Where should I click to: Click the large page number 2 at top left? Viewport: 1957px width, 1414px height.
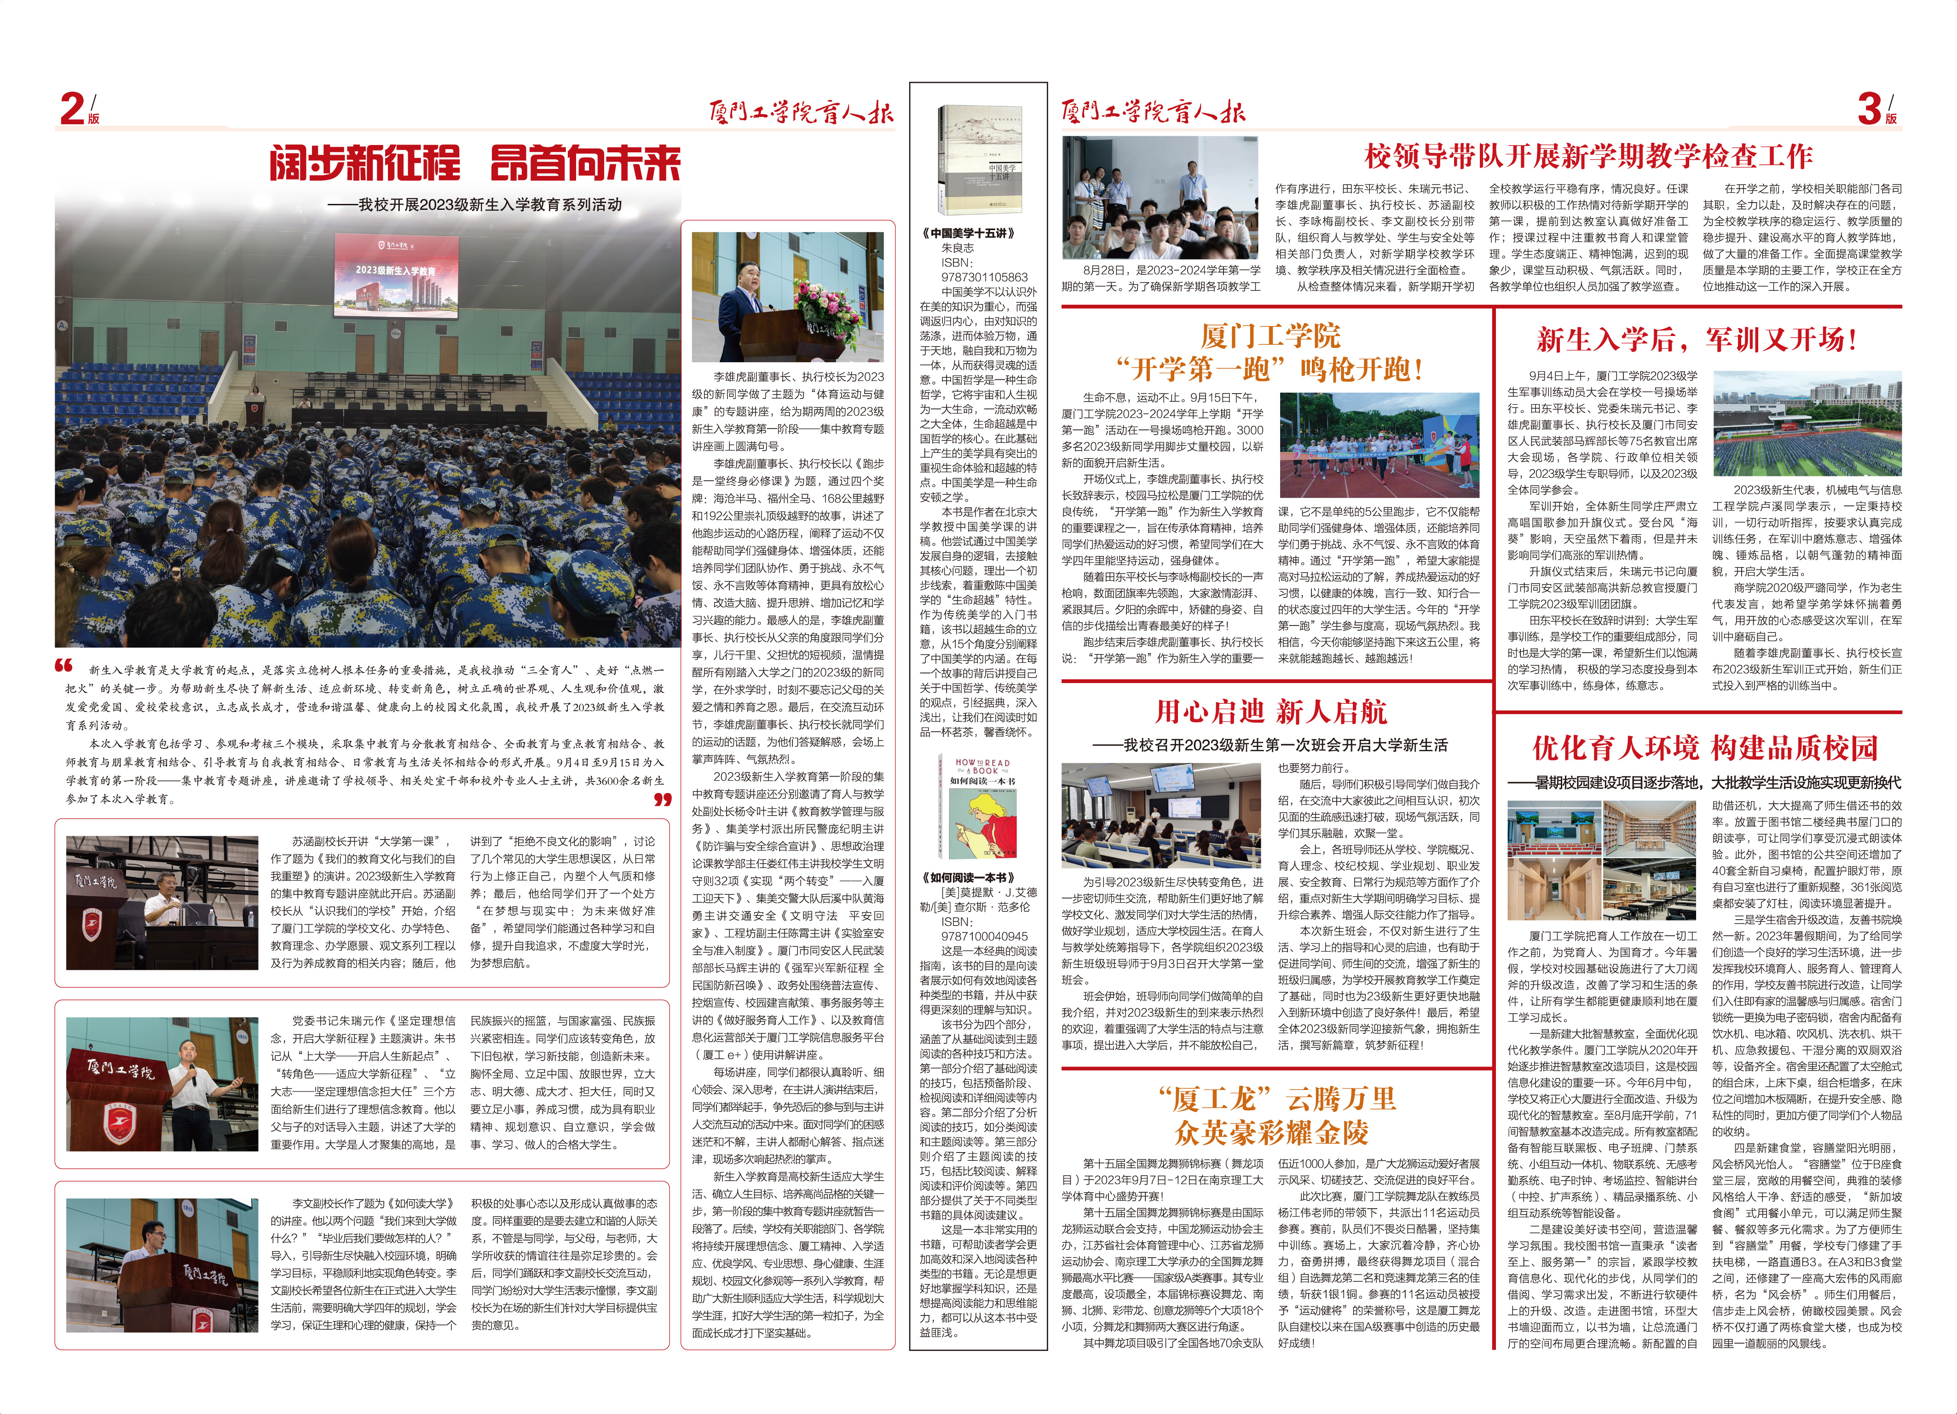73,110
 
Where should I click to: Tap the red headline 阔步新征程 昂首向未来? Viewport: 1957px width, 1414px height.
474,162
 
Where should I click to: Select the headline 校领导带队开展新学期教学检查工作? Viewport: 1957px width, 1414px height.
1588,156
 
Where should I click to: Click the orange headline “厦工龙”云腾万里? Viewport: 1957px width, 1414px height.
1277,1099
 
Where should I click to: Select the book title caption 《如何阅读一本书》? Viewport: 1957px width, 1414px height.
968,877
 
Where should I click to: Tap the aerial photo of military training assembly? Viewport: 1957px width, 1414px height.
1806,423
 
